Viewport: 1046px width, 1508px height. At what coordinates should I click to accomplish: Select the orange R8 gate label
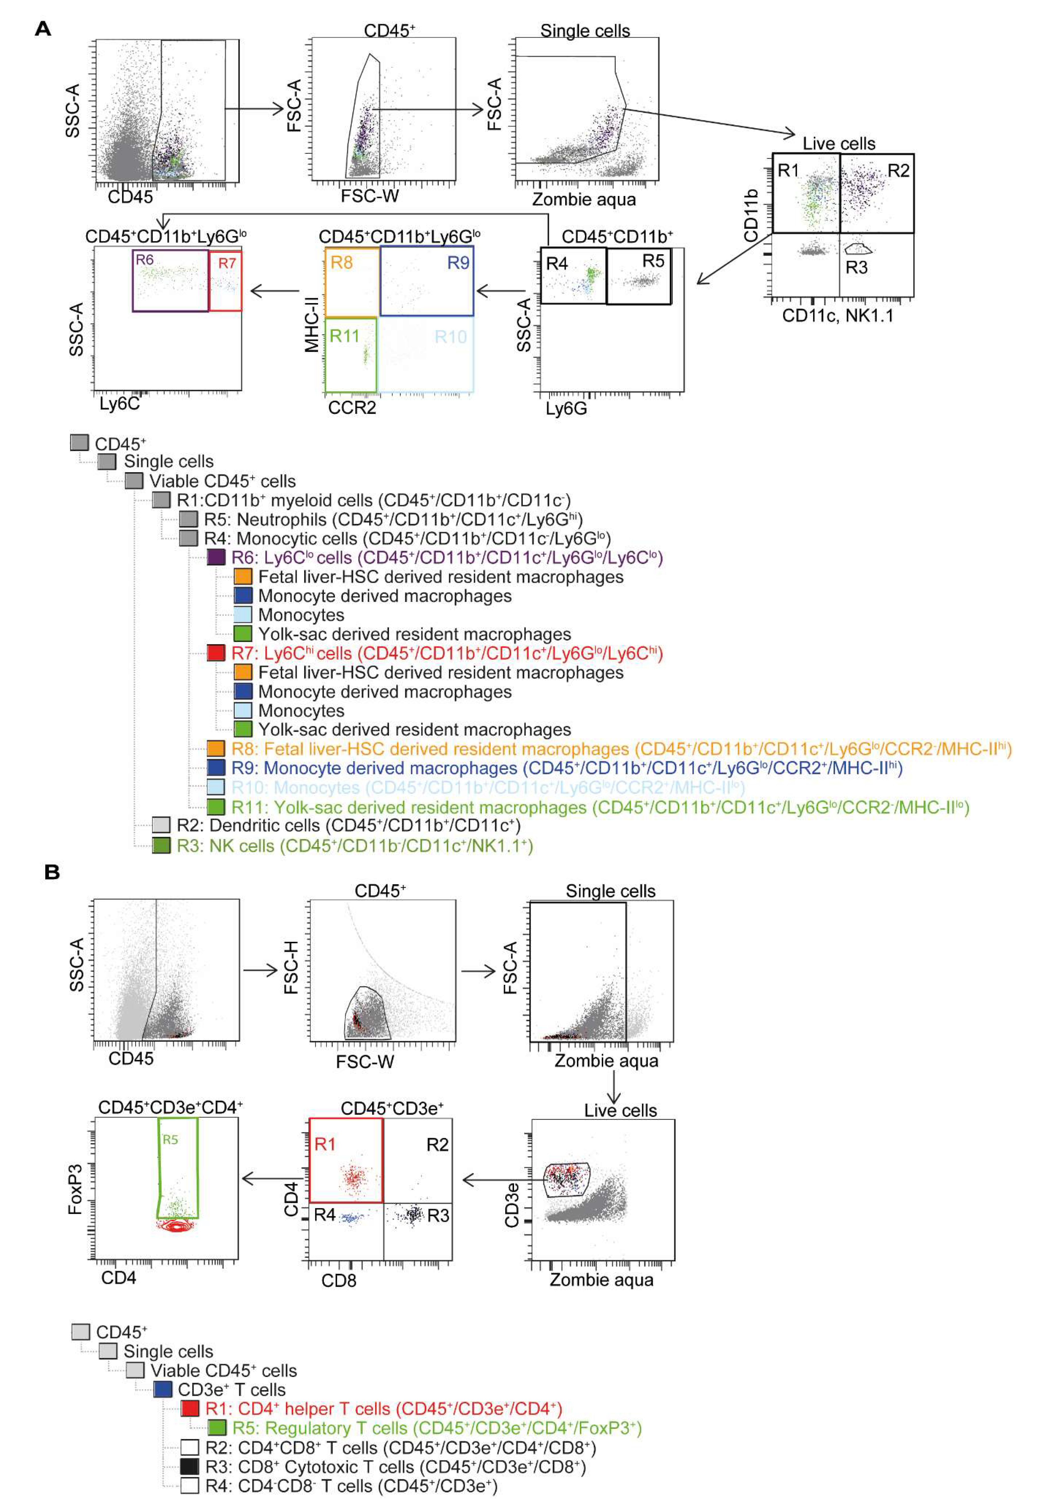341,263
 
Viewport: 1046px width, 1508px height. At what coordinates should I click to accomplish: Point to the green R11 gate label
344,336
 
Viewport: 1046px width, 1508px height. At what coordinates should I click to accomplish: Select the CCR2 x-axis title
352,408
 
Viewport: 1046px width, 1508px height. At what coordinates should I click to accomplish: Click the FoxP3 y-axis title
75,1189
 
